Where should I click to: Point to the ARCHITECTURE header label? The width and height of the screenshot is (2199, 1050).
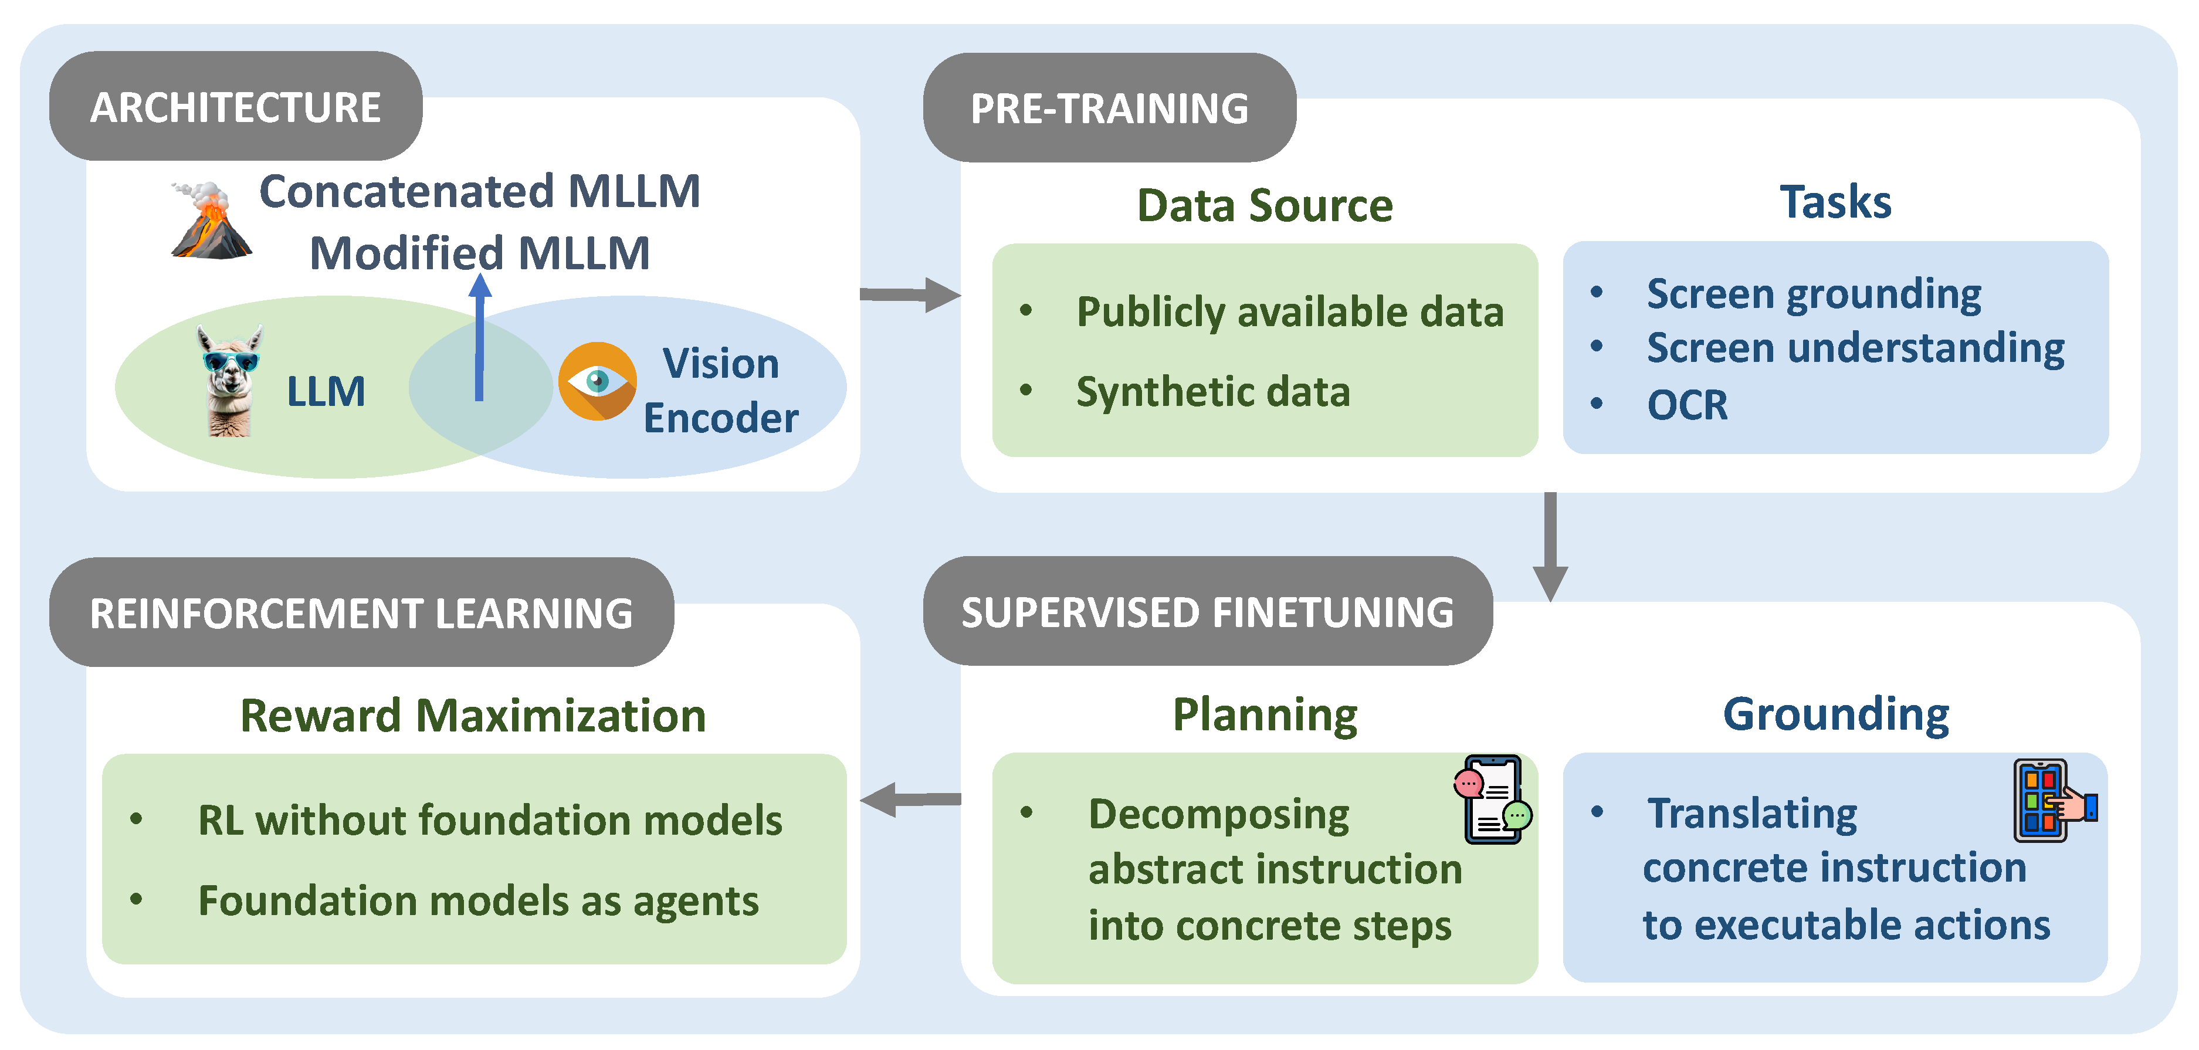[236, 107]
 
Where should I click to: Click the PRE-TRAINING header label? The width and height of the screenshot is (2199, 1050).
[1109, 109]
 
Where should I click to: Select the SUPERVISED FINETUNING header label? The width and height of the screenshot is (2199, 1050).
[1207, 613]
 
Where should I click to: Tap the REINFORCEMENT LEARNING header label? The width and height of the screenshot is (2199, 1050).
[361, 614]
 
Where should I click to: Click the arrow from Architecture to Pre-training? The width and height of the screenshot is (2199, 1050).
[910, 294]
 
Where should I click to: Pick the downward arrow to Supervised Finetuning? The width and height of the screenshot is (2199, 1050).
[1550, 546]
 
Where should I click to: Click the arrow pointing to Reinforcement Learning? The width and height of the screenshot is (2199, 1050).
[910, 799]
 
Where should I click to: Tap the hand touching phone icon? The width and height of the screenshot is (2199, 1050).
[2052, 801]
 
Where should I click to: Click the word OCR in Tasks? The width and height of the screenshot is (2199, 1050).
[1687, 405]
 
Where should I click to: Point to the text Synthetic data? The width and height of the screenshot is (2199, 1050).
[1213, 392]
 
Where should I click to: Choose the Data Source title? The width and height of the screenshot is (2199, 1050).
[1264, 206]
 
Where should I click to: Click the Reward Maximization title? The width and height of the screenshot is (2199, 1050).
[473, 716]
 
